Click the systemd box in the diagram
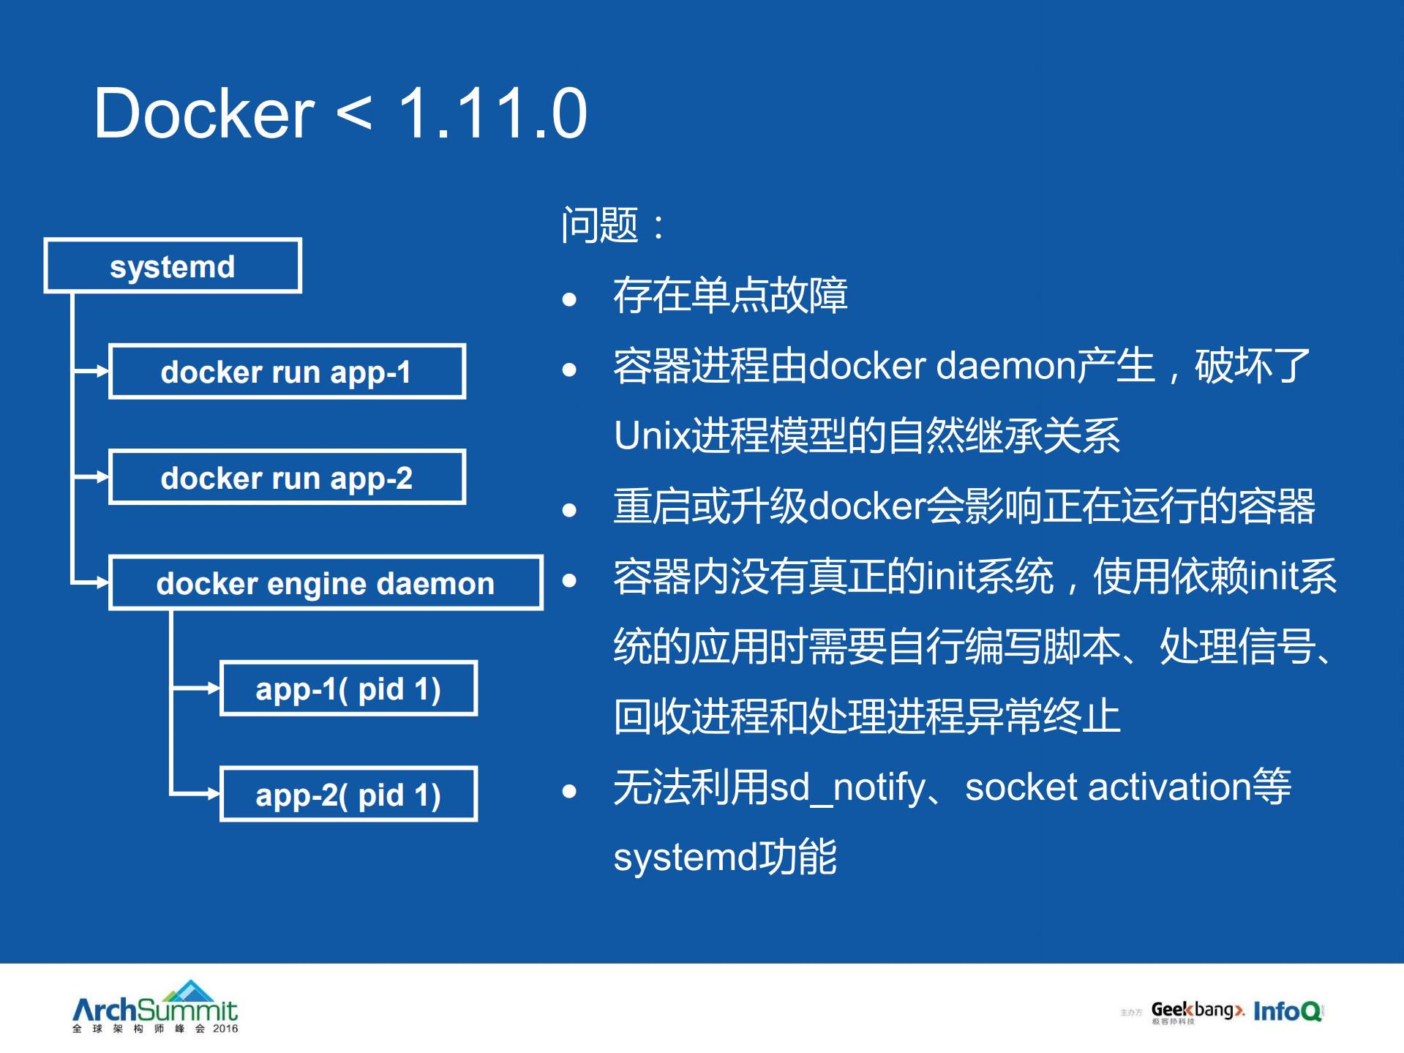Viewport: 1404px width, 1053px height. tap(173, 266)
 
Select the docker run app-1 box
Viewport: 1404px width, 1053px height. tap(287, 372)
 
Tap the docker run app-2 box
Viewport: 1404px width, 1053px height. tap(287, 477)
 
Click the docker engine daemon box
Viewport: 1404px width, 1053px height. tap(326, 583)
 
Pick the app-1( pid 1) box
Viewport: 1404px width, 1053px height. tap(348, 689)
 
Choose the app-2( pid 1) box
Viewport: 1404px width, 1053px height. tap(348, 795)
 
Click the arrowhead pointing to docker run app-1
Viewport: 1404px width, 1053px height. tap(102, 372)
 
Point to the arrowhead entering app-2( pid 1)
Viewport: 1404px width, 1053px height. tap(214, 794)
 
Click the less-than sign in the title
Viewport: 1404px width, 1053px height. tap(354, 116)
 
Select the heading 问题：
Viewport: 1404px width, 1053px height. tap(613, 225)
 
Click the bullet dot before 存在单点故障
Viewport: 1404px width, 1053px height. tap(569, 299)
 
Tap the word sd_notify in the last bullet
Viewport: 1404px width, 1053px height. tap(847, 787)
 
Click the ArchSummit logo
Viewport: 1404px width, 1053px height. tap(155, 1008)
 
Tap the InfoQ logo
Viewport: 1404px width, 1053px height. tap(1288, 1011)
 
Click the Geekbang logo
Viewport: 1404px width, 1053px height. tap(1195, 1011)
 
